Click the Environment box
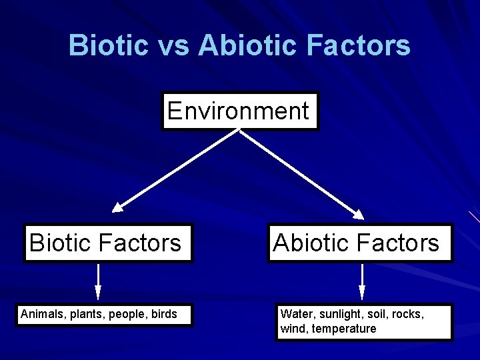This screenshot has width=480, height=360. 239,111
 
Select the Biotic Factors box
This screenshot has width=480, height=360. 106,243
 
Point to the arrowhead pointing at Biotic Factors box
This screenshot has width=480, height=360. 118,207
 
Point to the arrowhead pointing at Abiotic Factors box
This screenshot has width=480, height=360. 358,214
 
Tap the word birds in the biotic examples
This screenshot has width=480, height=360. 164,314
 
